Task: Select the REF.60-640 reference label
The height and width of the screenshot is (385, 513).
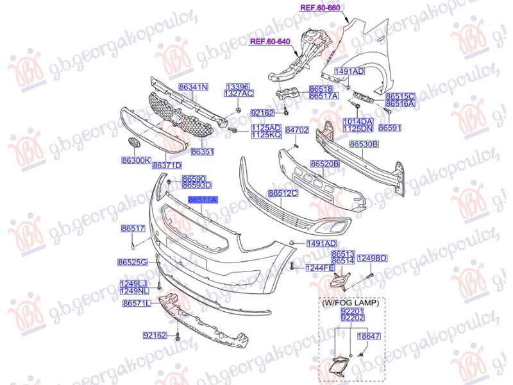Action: tap(270, 42)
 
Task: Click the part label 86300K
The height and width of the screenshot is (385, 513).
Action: tap(135, 160)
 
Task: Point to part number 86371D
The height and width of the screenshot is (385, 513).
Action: tap(167, 166)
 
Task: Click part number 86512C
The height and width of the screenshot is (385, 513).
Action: tap(283, 193)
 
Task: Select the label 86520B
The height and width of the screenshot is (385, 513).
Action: tap(325, 164)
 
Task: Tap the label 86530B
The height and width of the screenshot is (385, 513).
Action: tap(364, 145)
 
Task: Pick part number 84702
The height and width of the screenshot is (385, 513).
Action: tap(297, 130)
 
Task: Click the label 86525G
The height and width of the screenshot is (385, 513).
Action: tap(133, 262)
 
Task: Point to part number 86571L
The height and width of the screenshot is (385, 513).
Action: tap(136, 303)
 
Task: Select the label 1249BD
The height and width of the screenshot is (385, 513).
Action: tap(372, 258)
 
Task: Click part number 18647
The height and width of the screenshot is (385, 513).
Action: tap(368, 336)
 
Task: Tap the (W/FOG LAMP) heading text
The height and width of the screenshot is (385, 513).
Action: tap(351, 302)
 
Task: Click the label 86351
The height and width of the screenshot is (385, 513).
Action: tap(202, 152)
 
